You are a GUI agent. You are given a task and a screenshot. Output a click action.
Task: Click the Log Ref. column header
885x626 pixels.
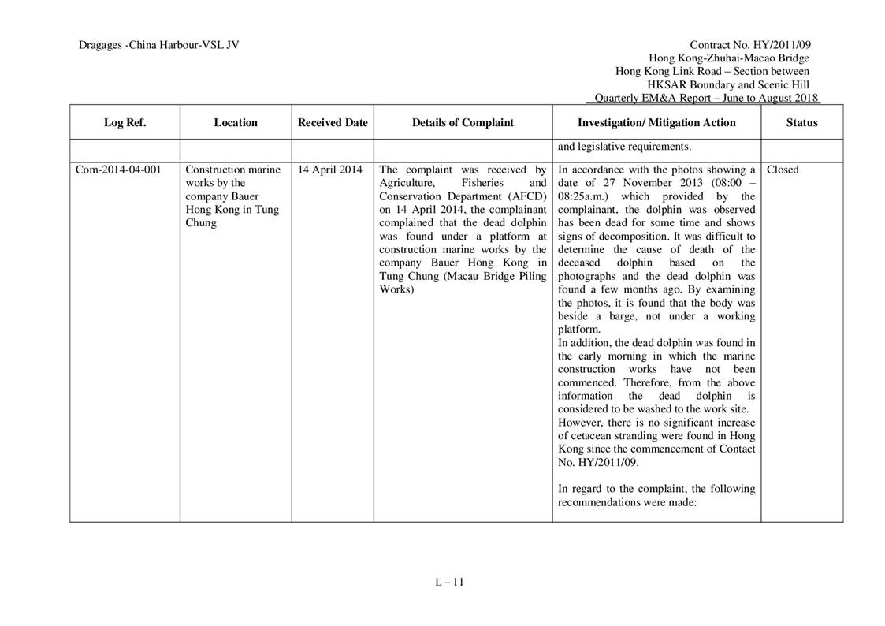(x=125, y=122)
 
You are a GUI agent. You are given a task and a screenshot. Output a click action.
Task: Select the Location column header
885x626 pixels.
(x=235, y=122)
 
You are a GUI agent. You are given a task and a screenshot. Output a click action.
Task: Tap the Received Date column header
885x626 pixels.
(x=333, y=122)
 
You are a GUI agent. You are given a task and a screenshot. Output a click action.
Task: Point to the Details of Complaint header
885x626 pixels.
(x=463, y=122)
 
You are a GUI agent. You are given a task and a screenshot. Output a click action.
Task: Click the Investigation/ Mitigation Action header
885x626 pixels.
(x=656, y=122)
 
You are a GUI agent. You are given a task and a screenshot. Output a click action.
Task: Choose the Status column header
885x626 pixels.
(x=801, y=122)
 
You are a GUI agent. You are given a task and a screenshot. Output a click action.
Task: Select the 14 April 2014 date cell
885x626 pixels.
(x=330, y=170)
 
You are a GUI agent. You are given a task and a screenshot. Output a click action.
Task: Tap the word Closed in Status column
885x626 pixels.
(x=783, y=170)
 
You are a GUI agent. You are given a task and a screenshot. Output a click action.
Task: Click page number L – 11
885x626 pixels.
(x=449, y=583)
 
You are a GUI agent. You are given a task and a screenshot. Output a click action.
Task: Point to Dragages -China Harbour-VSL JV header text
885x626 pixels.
(x=158, y=45)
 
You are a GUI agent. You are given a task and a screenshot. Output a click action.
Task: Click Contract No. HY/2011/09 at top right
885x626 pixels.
(x=749, y=45)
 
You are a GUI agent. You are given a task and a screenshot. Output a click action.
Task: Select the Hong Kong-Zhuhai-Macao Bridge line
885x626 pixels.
(x=728, y=58)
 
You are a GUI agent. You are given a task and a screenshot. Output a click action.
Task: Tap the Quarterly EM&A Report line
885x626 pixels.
(x=706, y=98)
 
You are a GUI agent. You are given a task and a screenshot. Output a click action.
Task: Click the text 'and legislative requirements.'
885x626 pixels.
(x=625, y=147)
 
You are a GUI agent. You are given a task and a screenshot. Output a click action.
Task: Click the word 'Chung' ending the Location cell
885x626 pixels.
(x=200, y=223)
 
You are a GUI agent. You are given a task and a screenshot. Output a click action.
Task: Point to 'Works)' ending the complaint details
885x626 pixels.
(x=396, y=289)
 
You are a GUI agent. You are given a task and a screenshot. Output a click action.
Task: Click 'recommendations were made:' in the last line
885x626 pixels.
(x=627, y=502)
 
